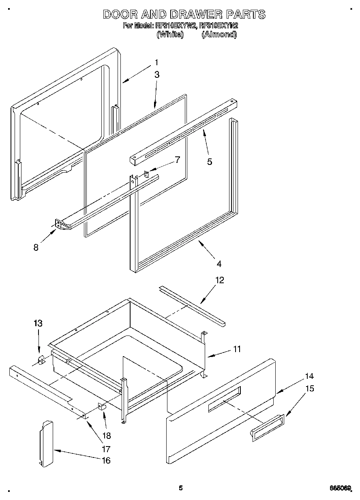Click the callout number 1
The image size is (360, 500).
[156, 63]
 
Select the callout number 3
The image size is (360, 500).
[156, 75]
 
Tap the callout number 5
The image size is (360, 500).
[209, 162]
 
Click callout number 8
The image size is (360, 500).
[36, 248]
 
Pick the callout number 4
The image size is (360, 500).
[219, 264]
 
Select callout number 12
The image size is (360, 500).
[220, 280]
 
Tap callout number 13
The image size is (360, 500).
[38, 323]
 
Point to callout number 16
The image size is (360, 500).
[106, 461]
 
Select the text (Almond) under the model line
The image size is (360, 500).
[219, 34]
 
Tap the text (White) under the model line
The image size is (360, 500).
[170, 34]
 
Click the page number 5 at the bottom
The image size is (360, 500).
[181, 488]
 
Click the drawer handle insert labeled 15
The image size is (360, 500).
[267, 427]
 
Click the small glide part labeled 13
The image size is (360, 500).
[41, 360]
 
